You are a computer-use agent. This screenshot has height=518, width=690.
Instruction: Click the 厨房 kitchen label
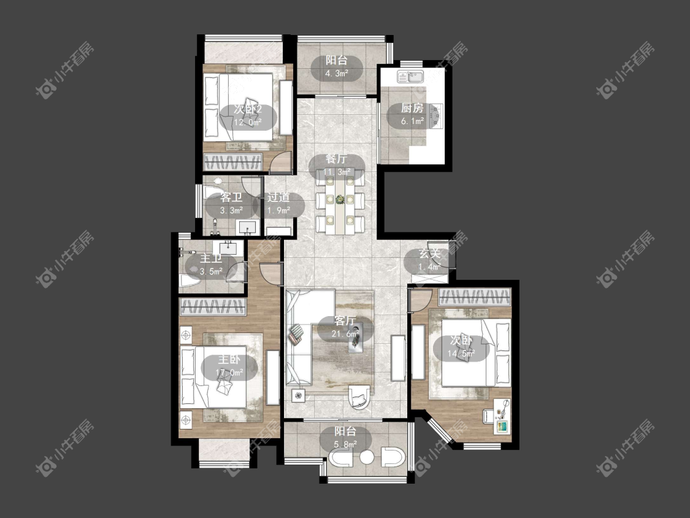[412, 108]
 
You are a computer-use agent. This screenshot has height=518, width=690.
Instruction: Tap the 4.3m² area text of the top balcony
[337, 73]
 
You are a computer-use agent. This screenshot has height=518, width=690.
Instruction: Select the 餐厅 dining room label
[337, 159]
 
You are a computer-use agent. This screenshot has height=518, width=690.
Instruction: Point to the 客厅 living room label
[345, 320]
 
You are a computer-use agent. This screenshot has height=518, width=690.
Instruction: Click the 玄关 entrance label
[429, 253]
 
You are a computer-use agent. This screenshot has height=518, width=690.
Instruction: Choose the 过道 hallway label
[278, 197]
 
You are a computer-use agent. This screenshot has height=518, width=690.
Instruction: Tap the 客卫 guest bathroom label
[231, 198]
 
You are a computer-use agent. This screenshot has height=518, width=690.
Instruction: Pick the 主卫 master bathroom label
[211, 258]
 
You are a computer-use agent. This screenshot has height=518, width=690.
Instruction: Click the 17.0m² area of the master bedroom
[229, 373]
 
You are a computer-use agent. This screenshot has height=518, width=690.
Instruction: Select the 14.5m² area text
[461, 353]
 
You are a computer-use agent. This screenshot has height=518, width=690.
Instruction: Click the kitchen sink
[410, 77]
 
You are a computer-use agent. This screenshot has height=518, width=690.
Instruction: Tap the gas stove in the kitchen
[436, 115]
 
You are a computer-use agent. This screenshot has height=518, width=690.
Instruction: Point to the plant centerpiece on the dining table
[340, 199]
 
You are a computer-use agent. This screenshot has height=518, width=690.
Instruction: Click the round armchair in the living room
[359, 397]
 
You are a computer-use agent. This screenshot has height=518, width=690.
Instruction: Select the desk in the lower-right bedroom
[502, 416]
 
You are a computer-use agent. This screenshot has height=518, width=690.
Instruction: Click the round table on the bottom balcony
[367, 457]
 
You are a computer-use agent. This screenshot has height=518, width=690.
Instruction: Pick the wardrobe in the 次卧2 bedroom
[233, 161]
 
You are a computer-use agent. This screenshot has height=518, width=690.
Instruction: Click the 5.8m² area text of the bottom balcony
[345, 444]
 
